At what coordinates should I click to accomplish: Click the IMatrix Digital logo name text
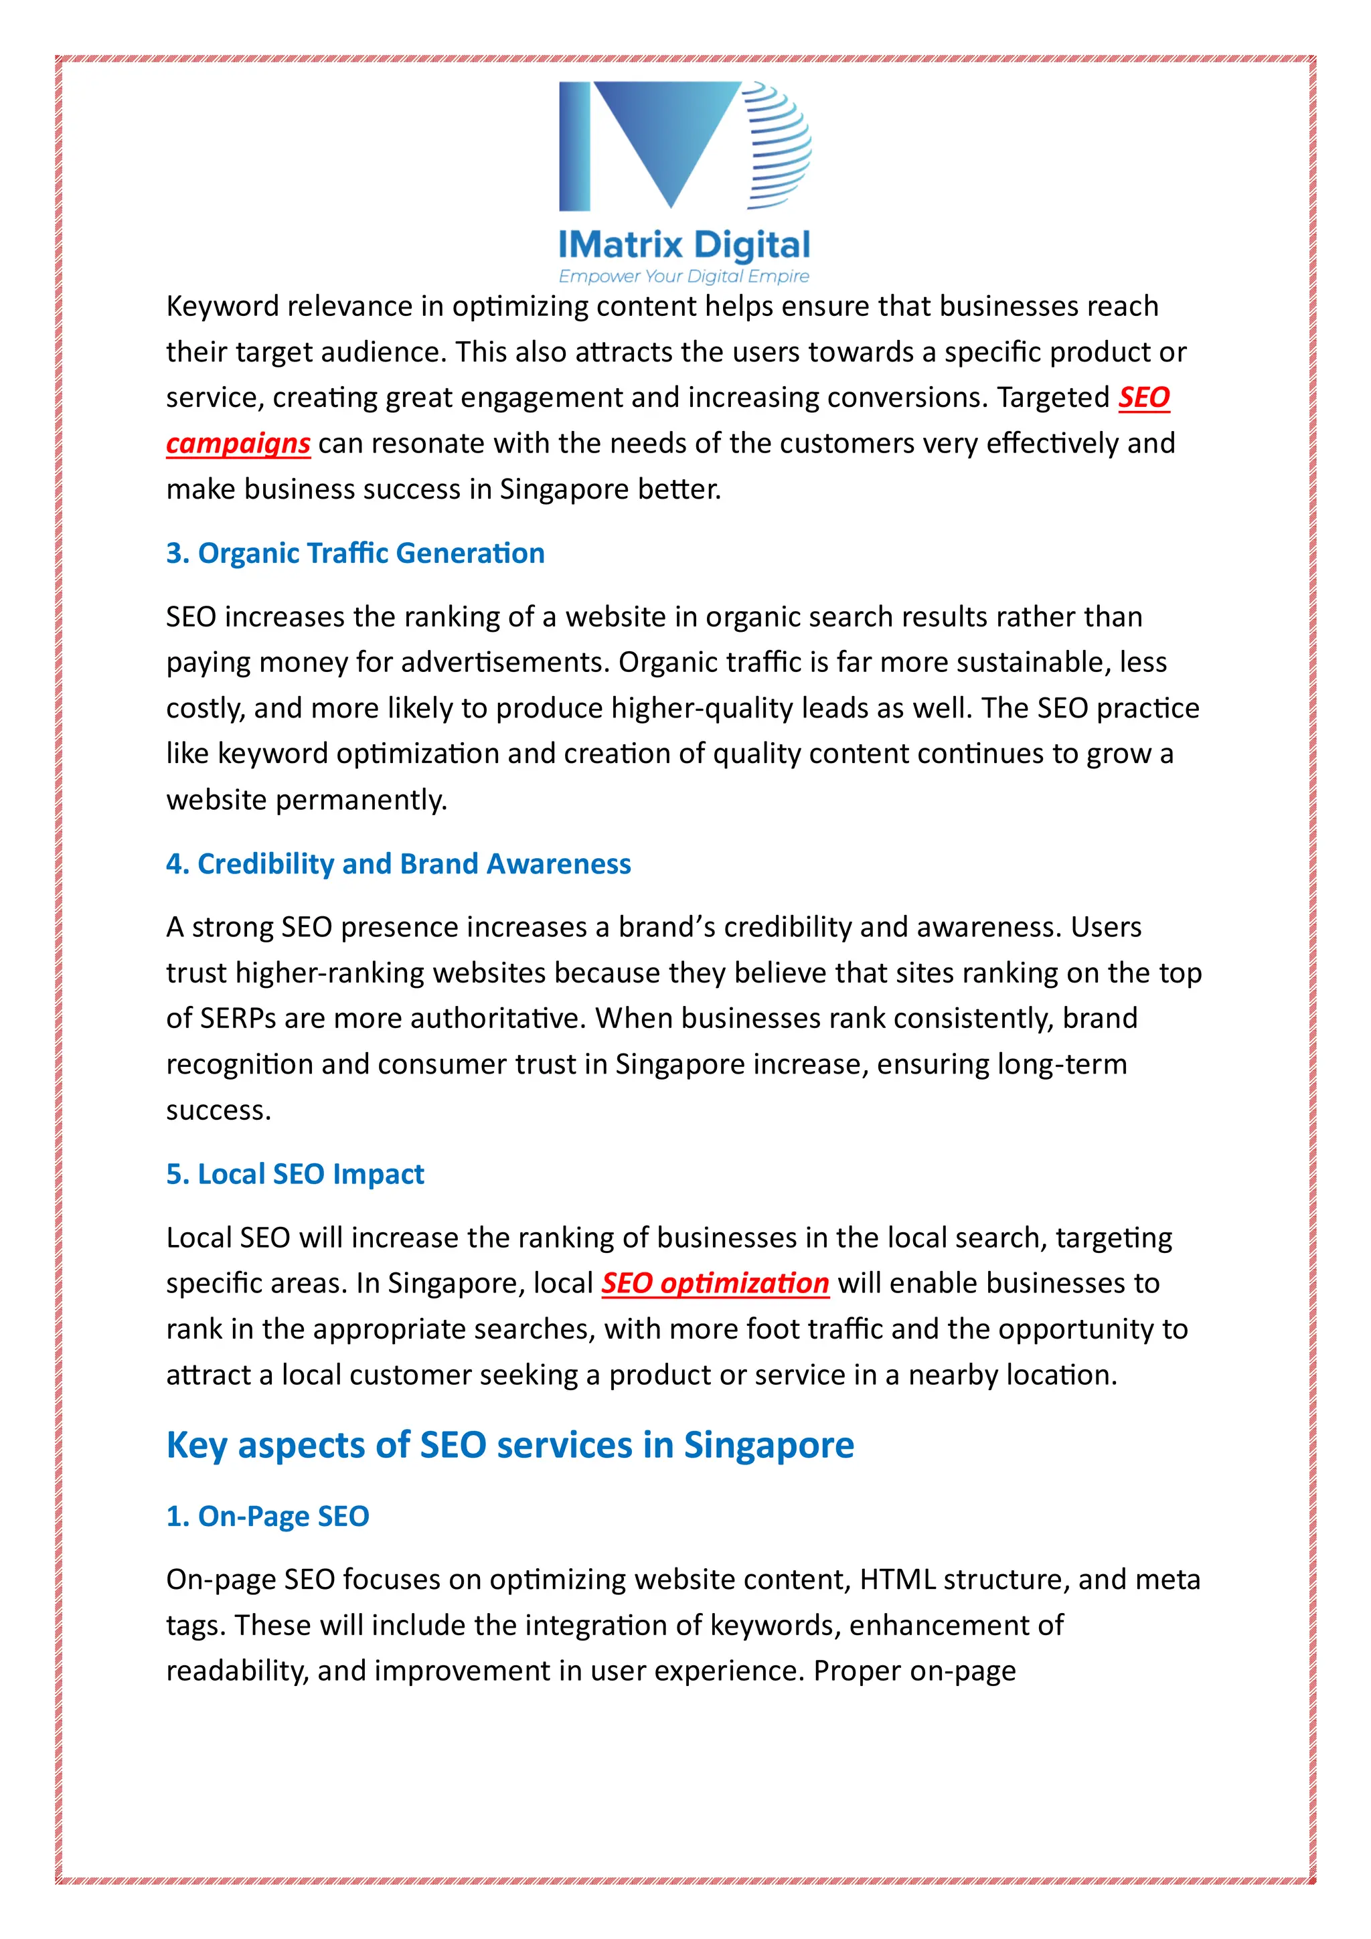pos(684,245)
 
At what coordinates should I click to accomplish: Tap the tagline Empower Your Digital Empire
pos(684,276)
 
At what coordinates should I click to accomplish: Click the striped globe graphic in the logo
pos(778,145)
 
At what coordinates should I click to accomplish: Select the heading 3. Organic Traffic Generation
pos(355,553)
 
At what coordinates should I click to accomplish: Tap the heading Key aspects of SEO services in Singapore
pos(510,1445)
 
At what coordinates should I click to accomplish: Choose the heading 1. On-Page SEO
pos(268,1516)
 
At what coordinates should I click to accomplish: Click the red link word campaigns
pos(238,443)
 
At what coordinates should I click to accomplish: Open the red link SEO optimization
pos(715,1283)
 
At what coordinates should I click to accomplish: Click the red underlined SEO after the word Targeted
pos(1144,397)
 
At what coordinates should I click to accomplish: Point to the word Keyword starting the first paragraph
pos(222,306)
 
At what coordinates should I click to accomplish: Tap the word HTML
pos(897,1579)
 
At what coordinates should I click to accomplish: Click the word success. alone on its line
pos(219,1110)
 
